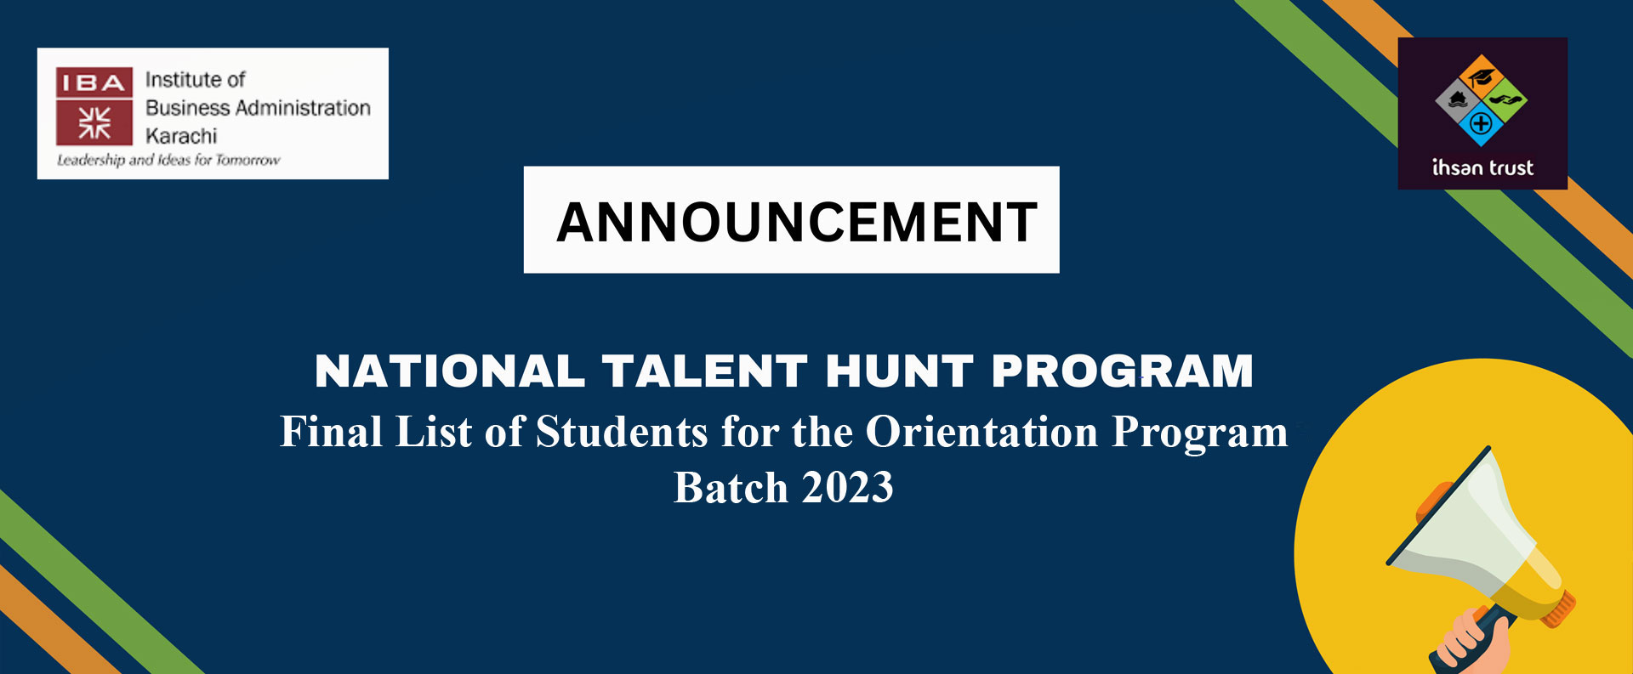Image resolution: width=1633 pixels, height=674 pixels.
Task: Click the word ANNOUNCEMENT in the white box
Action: [x=797, y=223]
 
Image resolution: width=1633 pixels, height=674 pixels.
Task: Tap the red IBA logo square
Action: [x=94, y=106]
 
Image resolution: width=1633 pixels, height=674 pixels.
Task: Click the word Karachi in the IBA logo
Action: [x=181, y=136]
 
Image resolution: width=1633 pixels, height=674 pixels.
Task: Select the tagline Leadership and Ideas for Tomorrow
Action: [x=168, y=160]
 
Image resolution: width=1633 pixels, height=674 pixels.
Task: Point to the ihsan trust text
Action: [x=1482, y=167]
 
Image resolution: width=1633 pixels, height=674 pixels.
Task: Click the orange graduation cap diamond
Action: [x=1482, y=76]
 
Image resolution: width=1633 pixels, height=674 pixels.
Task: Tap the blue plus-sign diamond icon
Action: [x=1482, y=124]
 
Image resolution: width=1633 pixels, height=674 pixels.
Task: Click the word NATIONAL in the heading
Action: [x=450, y=371]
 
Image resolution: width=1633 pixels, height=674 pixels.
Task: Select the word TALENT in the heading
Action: [x=705, y=371]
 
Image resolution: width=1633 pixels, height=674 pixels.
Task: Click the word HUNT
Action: [x=899, y=371]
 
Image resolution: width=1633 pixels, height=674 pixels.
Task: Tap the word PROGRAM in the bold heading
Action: [x=1123, y=371]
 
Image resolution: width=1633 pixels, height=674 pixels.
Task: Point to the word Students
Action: [x=622, y=432]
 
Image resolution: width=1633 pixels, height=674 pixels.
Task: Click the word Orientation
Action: [x=982, y=432]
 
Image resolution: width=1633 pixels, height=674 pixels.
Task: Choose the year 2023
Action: [x=847, y=488]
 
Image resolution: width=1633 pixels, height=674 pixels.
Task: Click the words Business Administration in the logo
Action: [x=258, y=108]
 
